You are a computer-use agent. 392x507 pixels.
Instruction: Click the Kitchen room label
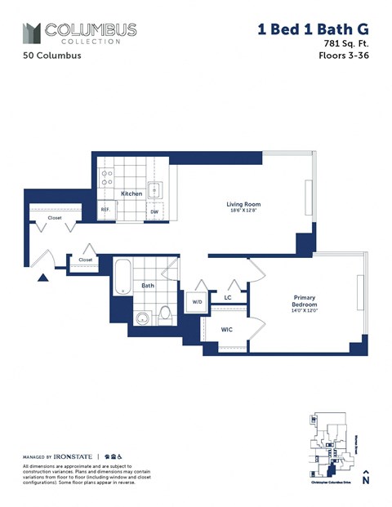131,193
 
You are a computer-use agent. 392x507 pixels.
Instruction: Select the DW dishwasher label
154,211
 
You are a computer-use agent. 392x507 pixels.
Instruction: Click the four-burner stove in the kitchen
105,177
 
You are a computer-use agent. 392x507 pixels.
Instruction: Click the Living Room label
243,204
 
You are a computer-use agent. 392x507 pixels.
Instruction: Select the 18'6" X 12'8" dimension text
243,211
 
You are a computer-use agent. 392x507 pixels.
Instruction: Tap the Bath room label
147,286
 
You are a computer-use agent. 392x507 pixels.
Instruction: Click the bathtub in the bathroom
121,278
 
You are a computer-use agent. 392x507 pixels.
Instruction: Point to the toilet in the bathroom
165,312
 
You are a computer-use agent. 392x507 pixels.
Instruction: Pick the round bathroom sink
142,318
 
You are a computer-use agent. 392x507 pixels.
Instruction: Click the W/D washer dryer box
197,301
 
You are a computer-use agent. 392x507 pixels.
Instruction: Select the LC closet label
228,298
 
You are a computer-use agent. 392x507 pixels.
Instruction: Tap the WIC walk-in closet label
227,329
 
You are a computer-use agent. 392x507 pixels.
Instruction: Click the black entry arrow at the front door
42,278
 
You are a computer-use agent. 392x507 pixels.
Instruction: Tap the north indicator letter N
366,481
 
